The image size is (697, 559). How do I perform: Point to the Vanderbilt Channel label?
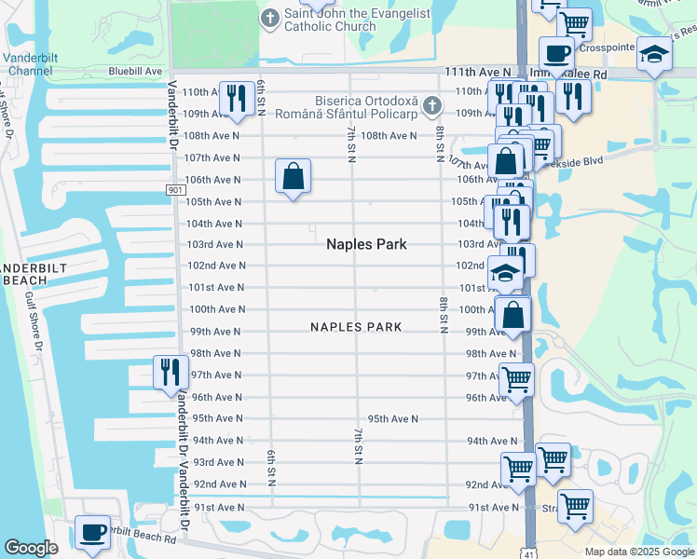(32, 63)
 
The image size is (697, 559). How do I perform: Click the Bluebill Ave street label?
(135, 71)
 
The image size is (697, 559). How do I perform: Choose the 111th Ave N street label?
(478, 72)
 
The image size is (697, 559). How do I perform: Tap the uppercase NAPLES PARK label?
(356, 327)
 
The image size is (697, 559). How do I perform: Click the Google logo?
(31, 548)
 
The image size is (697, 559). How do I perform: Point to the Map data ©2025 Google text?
(638, 552)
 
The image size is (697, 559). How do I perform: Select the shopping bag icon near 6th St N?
(293, 176)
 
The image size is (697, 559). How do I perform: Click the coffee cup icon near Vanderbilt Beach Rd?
(91, 531)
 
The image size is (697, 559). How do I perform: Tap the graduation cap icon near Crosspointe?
(653, 55)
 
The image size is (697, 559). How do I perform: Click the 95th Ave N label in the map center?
(392, 419)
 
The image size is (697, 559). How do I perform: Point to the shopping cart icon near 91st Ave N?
(577, 506)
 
